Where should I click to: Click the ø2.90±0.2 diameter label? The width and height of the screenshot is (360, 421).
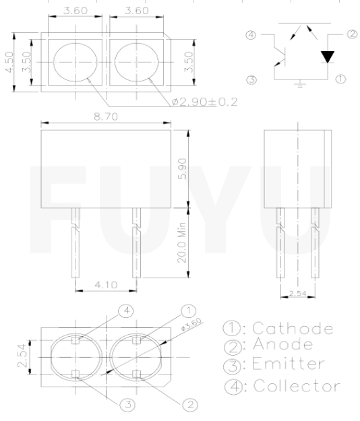tap(204, 102)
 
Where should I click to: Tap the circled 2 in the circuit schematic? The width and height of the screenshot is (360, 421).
tap(351, 34)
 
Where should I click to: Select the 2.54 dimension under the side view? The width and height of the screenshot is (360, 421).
tap(297, 294)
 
